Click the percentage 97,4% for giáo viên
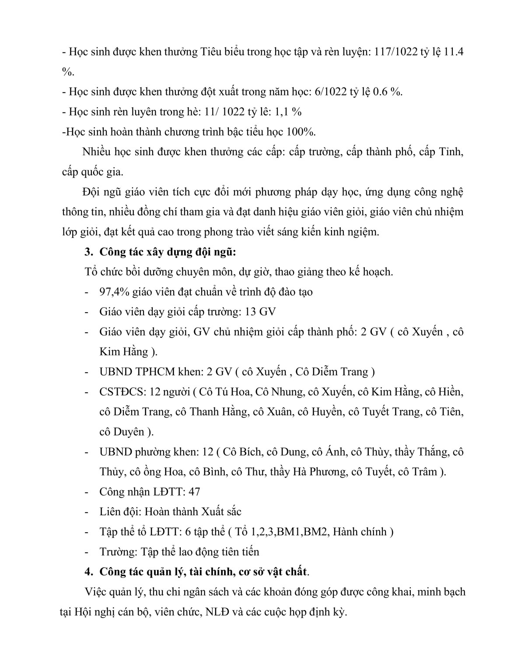114,291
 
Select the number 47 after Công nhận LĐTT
193,492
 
